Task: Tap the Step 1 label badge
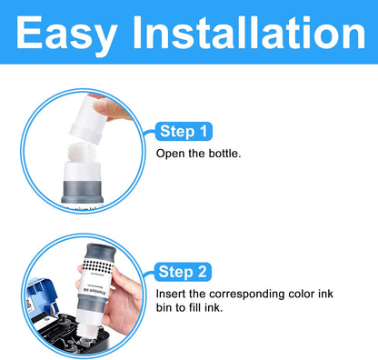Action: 185,132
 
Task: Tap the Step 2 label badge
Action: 186,271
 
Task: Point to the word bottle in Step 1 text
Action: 224,154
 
